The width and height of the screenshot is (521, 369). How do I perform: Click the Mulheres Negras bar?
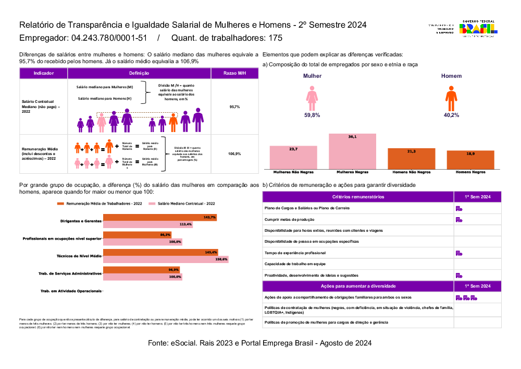352,151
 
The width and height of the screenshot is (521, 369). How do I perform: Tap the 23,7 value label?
293,149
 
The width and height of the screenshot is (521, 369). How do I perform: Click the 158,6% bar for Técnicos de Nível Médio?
166,259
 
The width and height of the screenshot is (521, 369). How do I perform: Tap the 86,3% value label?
165,235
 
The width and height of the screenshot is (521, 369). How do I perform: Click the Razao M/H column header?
234,74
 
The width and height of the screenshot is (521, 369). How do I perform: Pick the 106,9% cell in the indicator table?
234,154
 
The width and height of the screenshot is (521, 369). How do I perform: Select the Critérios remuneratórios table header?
358,197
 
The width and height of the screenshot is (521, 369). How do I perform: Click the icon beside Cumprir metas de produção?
459,219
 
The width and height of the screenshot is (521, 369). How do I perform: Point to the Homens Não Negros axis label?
411,172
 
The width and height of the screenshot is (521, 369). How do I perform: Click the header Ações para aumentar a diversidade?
358,286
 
